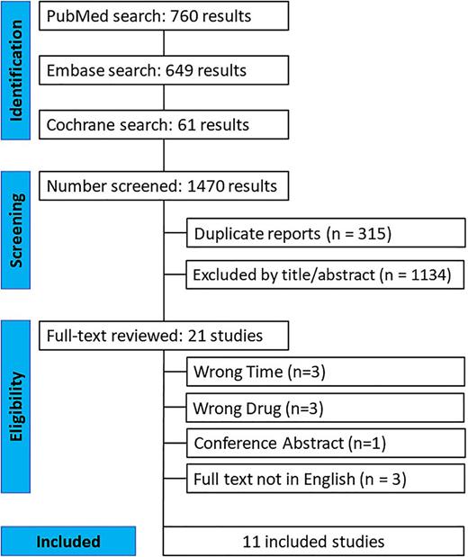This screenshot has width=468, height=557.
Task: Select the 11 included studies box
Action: coord(314,543)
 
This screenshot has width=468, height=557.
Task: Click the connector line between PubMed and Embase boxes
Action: coord(163,44)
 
